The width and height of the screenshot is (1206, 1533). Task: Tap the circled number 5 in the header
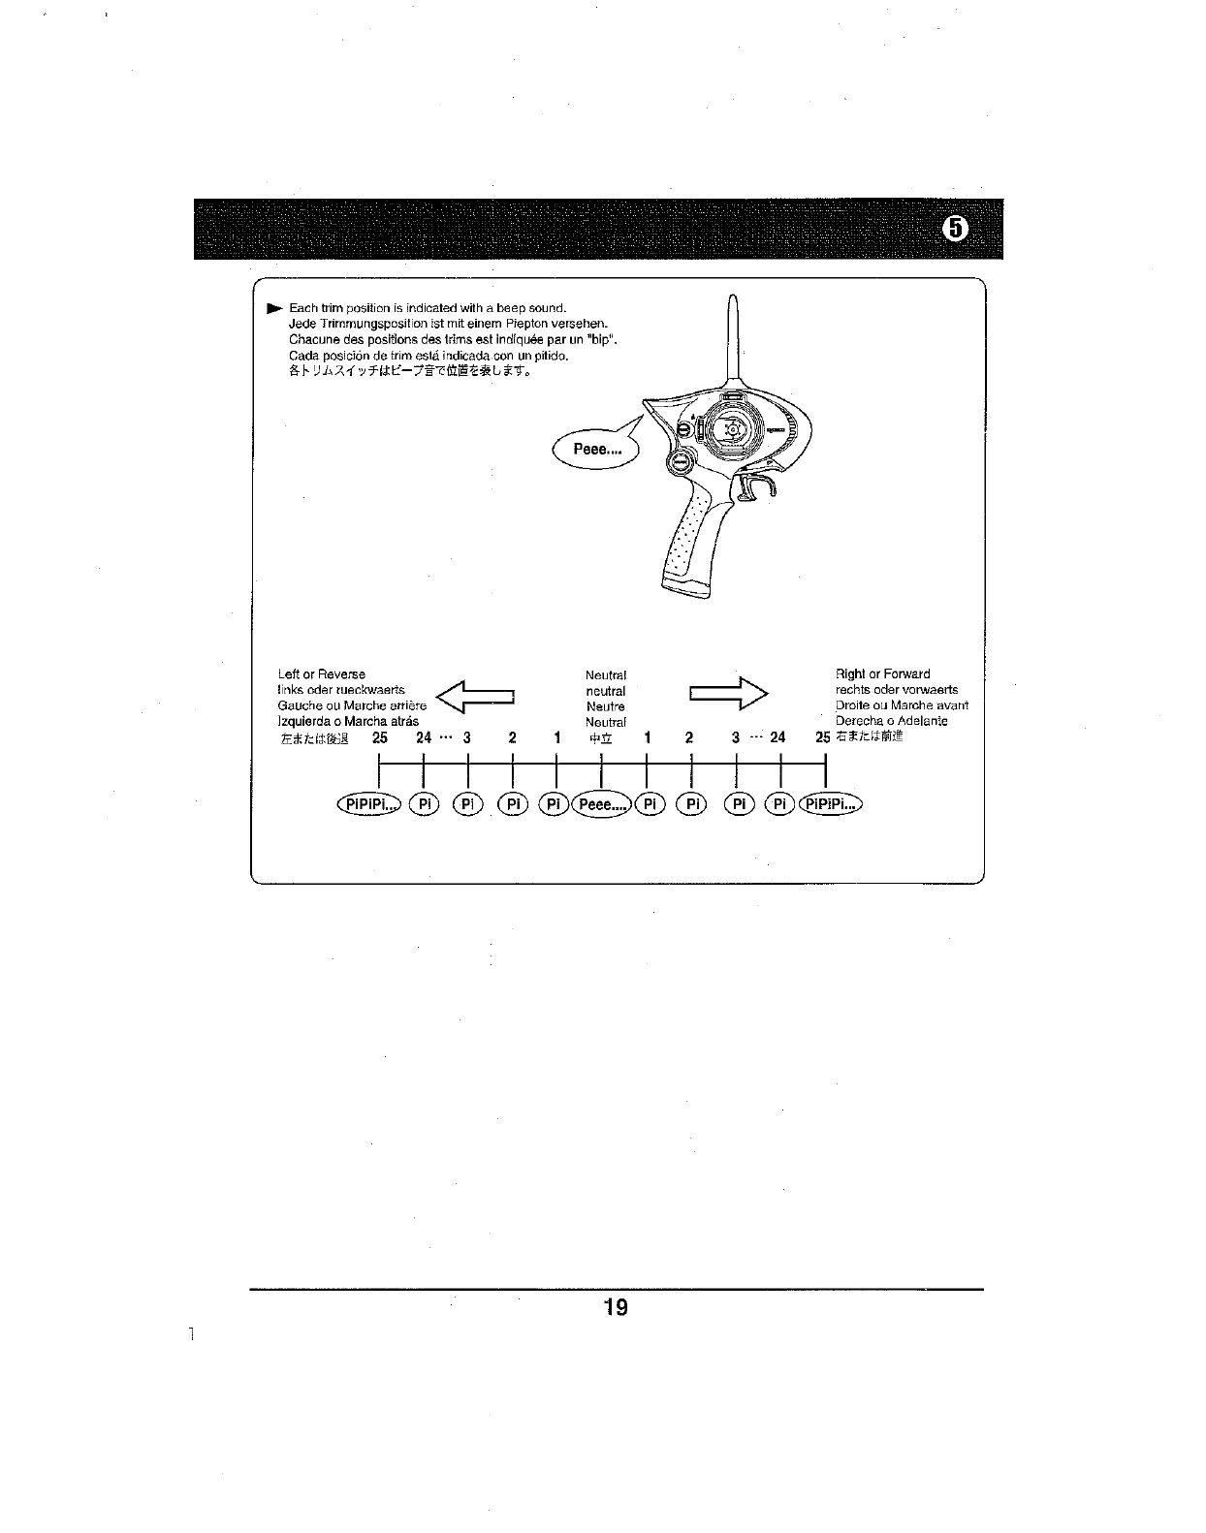pos(955,229)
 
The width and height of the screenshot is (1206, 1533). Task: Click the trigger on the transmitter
pos(759,485)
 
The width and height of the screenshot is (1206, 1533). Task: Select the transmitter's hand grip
pos(693,543)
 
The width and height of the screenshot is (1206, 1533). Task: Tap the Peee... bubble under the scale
pos(602,804)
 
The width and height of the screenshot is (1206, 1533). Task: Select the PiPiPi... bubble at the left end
pos(367,804)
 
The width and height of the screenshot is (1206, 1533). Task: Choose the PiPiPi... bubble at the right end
pos(830,804)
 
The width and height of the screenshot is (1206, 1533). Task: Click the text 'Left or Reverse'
pos(322,674)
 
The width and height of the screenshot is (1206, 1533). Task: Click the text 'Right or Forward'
pos(882,674)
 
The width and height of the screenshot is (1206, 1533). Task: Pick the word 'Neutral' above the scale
pos(606,674)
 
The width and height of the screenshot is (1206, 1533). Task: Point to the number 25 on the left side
pos(379,737)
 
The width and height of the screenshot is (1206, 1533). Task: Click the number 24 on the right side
pos(778,737)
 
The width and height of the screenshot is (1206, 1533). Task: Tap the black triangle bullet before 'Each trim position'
pos(275,308)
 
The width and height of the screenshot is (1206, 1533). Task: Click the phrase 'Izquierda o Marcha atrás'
pos(348,721)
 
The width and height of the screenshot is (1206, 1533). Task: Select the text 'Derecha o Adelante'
pos(891,721)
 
